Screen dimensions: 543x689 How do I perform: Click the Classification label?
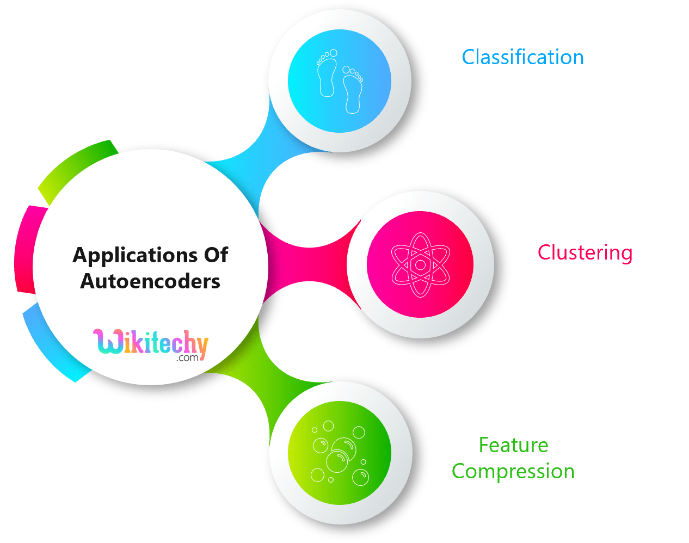pos(522,57)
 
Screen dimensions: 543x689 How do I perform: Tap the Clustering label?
pos(585,252)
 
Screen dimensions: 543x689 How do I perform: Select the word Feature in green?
pos(513,445)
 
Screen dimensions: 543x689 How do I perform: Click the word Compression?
pos(513,471)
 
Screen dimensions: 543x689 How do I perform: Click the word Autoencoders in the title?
pos(150,281)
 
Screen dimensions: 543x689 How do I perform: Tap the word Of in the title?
pos(216,255)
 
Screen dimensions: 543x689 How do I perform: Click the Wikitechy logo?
pos(150,344)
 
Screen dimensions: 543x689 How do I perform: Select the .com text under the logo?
pos(187,358)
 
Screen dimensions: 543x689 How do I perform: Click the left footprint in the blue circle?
pos(327,75)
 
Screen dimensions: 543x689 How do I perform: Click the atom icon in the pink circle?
pos(420,265)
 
